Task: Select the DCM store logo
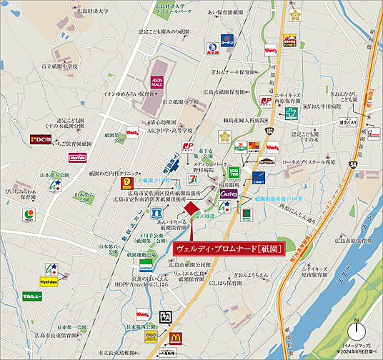(41, 139)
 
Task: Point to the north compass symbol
(357, 331)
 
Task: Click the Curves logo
(231, 193)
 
